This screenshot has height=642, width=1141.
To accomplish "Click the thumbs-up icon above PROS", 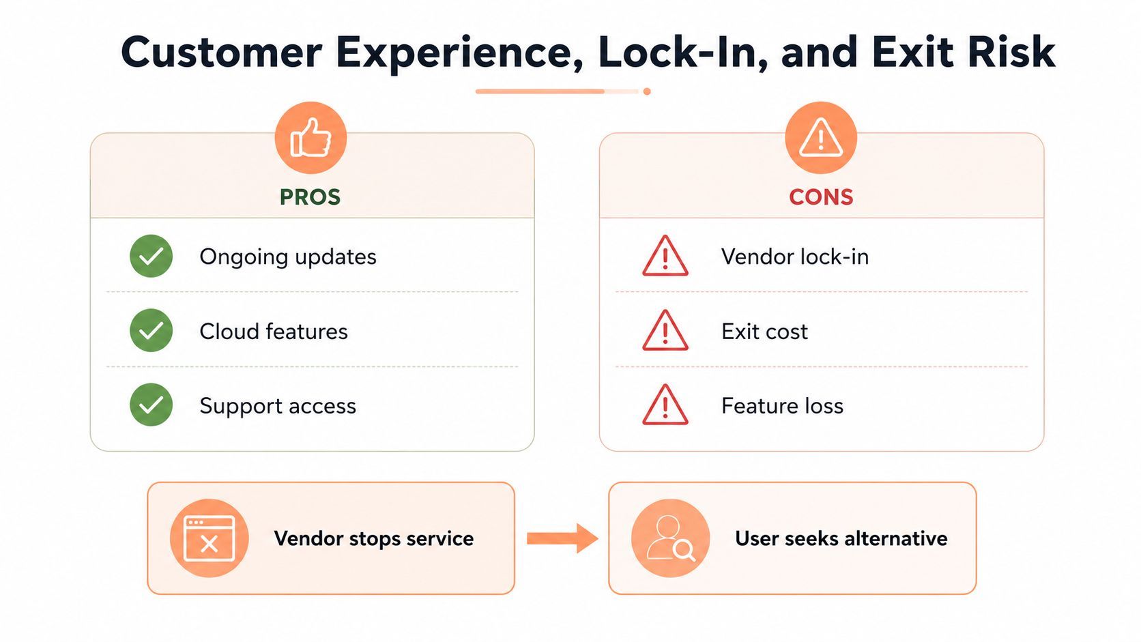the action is coord(310,137).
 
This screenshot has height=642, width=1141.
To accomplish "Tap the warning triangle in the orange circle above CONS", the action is coord(820,137).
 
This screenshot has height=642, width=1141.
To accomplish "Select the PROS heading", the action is coord(310,197).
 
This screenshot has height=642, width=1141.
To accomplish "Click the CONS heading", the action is coord(821,197).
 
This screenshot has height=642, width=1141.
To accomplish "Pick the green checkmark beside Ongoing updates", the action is coord(151,256).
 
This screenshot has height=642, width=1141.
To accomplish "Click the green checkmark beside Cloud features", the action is coord(151,330).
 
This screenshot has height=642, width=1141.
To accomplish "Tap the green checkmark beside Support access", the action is coord(151,405).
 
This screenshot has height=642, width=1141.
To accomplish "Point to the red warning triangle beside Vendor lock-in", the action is coord(665,256).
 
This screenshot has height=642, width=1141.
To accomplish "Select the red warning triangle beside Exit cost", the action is coord(665,330).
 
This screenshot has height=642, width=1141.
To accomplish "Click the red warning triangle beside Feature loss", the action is coord(665,405).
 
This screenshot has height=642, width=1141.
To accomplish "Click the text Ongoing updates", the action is coord(288,257).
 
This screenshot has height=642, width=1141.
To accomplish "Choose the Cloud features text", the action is coord(274,332).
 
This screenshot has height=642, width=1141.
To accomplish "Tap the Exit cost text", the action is coord(764,332).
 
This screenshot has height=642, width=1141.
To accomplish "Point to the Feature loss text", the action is coord(783,406).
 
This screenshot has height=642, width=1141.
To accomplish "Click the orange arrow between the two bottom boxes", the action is coord(562,538).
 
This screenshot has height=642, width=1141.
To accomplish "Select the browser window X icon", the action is coord(210,538).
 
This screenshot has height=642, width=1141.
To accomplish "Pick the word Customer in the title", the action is coord(221,53).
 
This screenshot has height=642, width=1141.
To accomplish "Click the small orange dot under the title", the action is coord(647,91).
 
